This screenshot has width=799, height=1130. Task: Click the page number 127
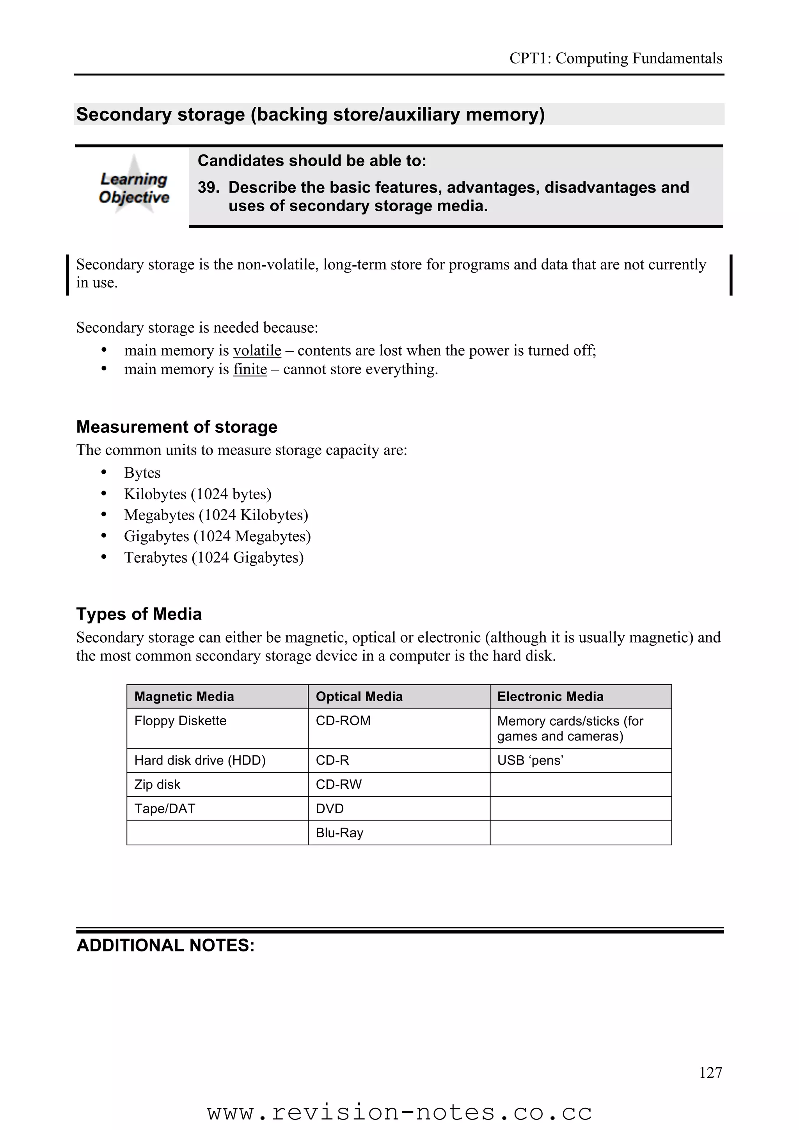(x=710, y=1072)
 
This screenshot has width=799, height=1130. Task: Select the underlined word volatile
(x=257, y=351)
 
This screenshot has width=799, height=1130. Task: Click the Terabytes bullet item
(x=214, y=557)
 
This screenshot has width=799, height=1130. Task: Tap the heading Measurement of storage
(x=177, y=427)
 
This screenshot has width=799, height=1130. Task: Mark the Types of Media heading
(x=139, y=614)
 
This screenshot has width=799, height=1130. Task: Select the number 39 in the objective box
(x=208, y=188)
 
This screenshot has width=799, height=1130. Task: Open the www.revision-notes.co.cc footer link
(x=399, y=1112)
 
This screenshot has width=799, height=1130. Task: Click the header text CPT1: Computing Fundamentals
(x=615, y=58)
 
